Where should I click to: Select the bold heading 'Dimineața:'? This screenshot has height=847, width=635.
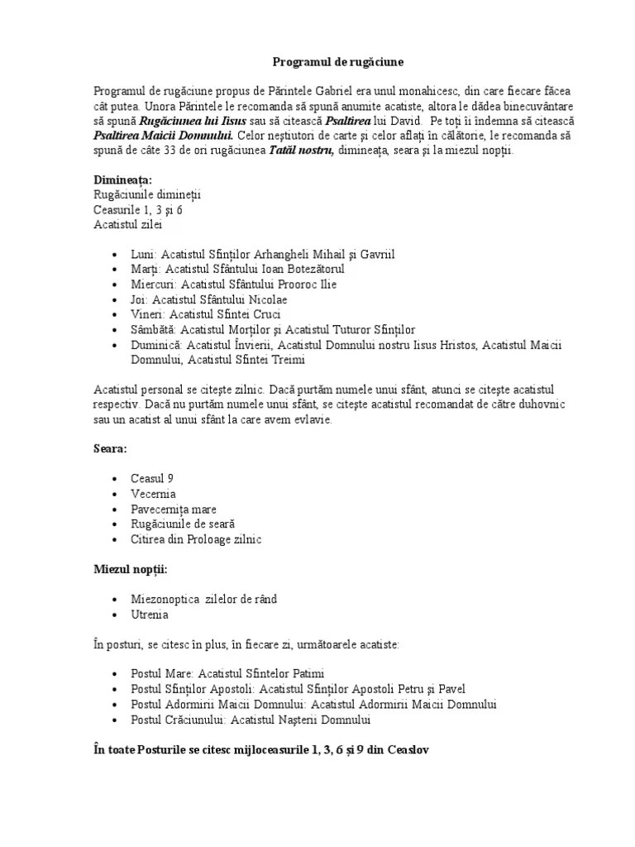coord(122,179)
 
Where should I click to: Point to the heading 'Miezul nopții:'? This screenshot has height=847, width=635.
coord(131,569)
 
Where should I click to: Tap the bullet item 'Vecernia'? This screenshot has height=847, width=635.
coord(154,494)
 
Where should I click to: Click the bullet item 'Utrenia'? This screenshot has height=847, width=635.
coord(150,615)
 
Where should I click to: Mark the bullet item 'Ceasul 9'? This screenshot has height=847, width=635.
coord(152,479)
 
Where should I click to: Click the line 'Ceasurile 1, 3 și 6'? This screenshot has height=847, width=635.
coord(137,209)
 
